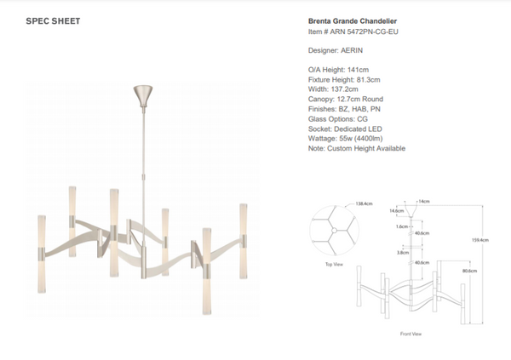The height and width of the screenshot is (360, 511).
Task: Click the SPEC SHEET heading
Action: tap(53, 21)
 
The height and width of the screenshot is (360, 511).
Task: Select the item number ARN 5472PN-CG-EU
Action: tap(354, 33)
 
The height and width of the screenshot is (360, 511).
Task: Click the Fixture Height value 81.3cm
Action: tap(368, 79)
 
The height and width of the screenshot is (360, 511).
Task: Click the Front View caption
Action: tap(411, 334)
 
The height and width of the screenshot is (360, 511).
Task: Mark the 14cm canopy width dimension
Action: tap(422, 201)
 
